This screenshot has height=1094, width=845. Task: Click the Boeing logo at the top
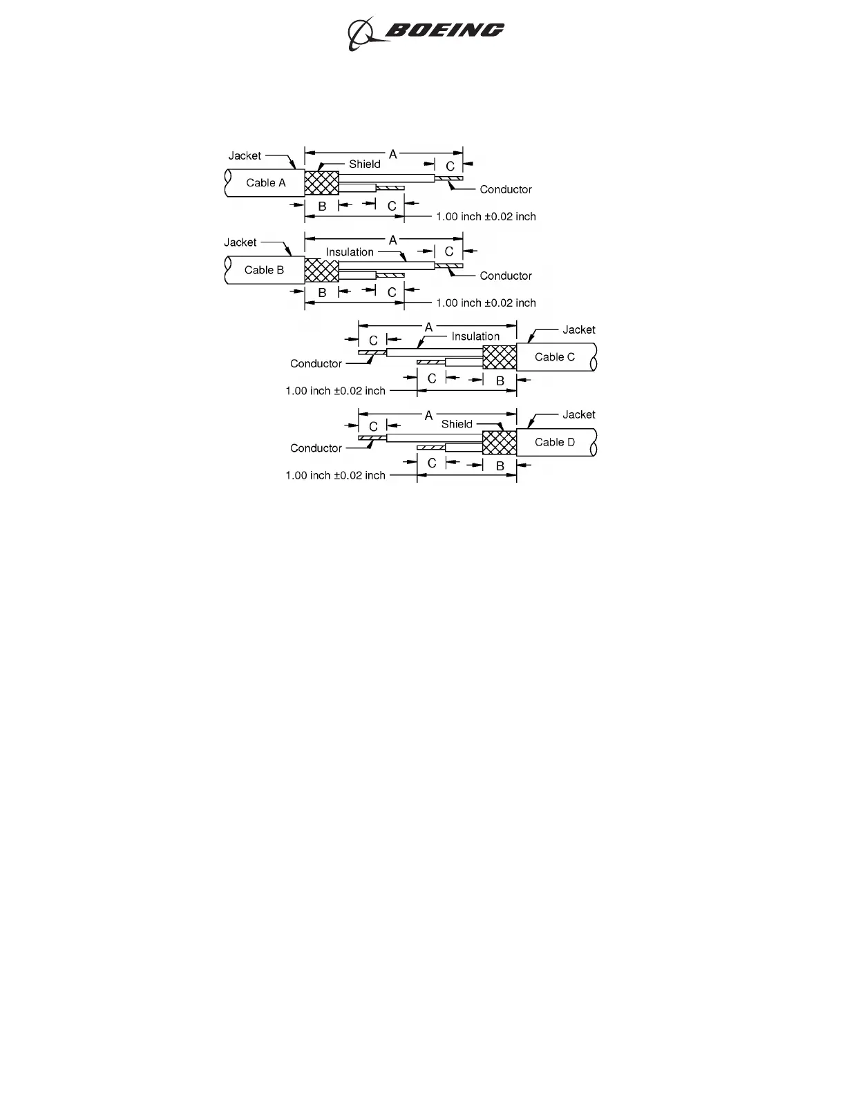click(x=426, y=32)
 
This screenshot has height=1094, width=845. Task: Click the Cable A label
click(x=266, y=183)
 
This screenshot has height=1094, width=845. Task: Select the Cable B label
click(x=264, y=270)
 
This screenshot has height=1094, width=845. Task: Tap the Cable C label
click(x=555, y=357)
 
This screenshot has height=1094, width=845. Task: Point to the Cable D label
click(x=555, y=442)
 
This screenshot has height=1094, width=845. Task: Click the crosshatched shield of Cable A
click(x=322, y=183)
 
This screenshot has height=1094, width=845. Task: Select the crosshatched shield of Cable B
click(x=322, y=270)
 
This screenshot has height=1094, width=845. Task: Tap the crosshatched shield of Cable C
click(x=500, y=357)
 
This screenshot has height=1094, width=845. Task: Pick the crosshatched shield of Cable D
click(x=500, y=442)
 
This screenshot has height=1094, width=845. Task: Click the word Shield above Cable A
click(x=365, y=164)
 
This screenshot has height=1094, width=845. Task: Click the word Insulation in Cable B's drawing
click(x=350, y=252)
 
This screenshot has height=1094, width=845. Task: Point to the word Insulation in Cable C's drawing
click(x=475, y=336)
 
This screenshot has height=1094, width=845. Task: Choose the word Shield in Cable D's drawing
click(x=457, y=424)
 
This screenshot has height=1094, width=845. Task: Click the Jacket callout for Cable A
click(x=245, y=156)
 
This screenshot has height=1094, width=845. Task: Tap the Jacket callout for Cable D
click(x=578, y=414)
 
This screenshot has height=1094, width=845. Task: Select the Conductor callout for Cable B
click(x=506, y=276)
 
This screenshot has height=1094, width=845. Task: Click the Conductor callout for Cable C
click(x=316, y=363)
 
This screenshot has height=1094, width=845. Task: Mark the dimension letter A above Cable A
click(x=393, y=154)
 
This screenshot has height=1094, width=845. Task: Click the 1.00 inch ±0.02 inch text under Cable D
click(x=335, y=475)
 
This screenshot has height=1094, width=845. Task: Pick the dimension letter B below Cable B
click(x=322, y=293)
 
